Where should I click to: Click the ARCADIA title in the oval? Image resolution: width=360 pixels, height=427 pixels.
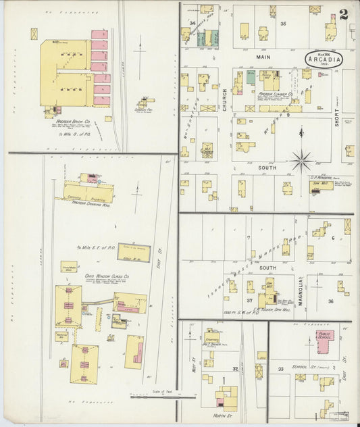324,59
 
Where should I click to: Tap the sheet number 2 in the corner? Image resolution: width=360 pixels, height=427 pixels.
344,14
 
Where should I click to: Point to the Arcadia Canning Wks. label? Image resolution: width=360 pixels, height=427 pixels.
86,202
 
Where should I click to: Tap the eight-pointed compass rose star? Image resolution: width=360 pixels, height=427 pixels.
301,161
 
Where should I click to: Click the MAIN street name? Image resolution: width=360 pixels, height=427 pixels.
263,57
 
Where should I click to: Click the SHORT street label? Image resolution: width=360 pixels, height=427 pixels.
336,116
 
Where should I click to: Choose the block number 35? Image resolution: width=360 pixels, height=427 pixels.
284,24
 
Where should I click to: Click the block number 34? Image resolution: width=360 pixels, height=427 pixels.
192,24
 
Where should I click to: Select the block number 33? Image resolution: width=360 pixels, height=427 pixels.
280,369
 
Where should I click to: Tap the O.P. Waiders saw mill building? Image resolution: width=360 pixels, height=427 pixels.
321,186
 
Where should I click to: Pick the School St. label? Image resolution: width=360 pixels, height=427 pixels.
308,366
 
